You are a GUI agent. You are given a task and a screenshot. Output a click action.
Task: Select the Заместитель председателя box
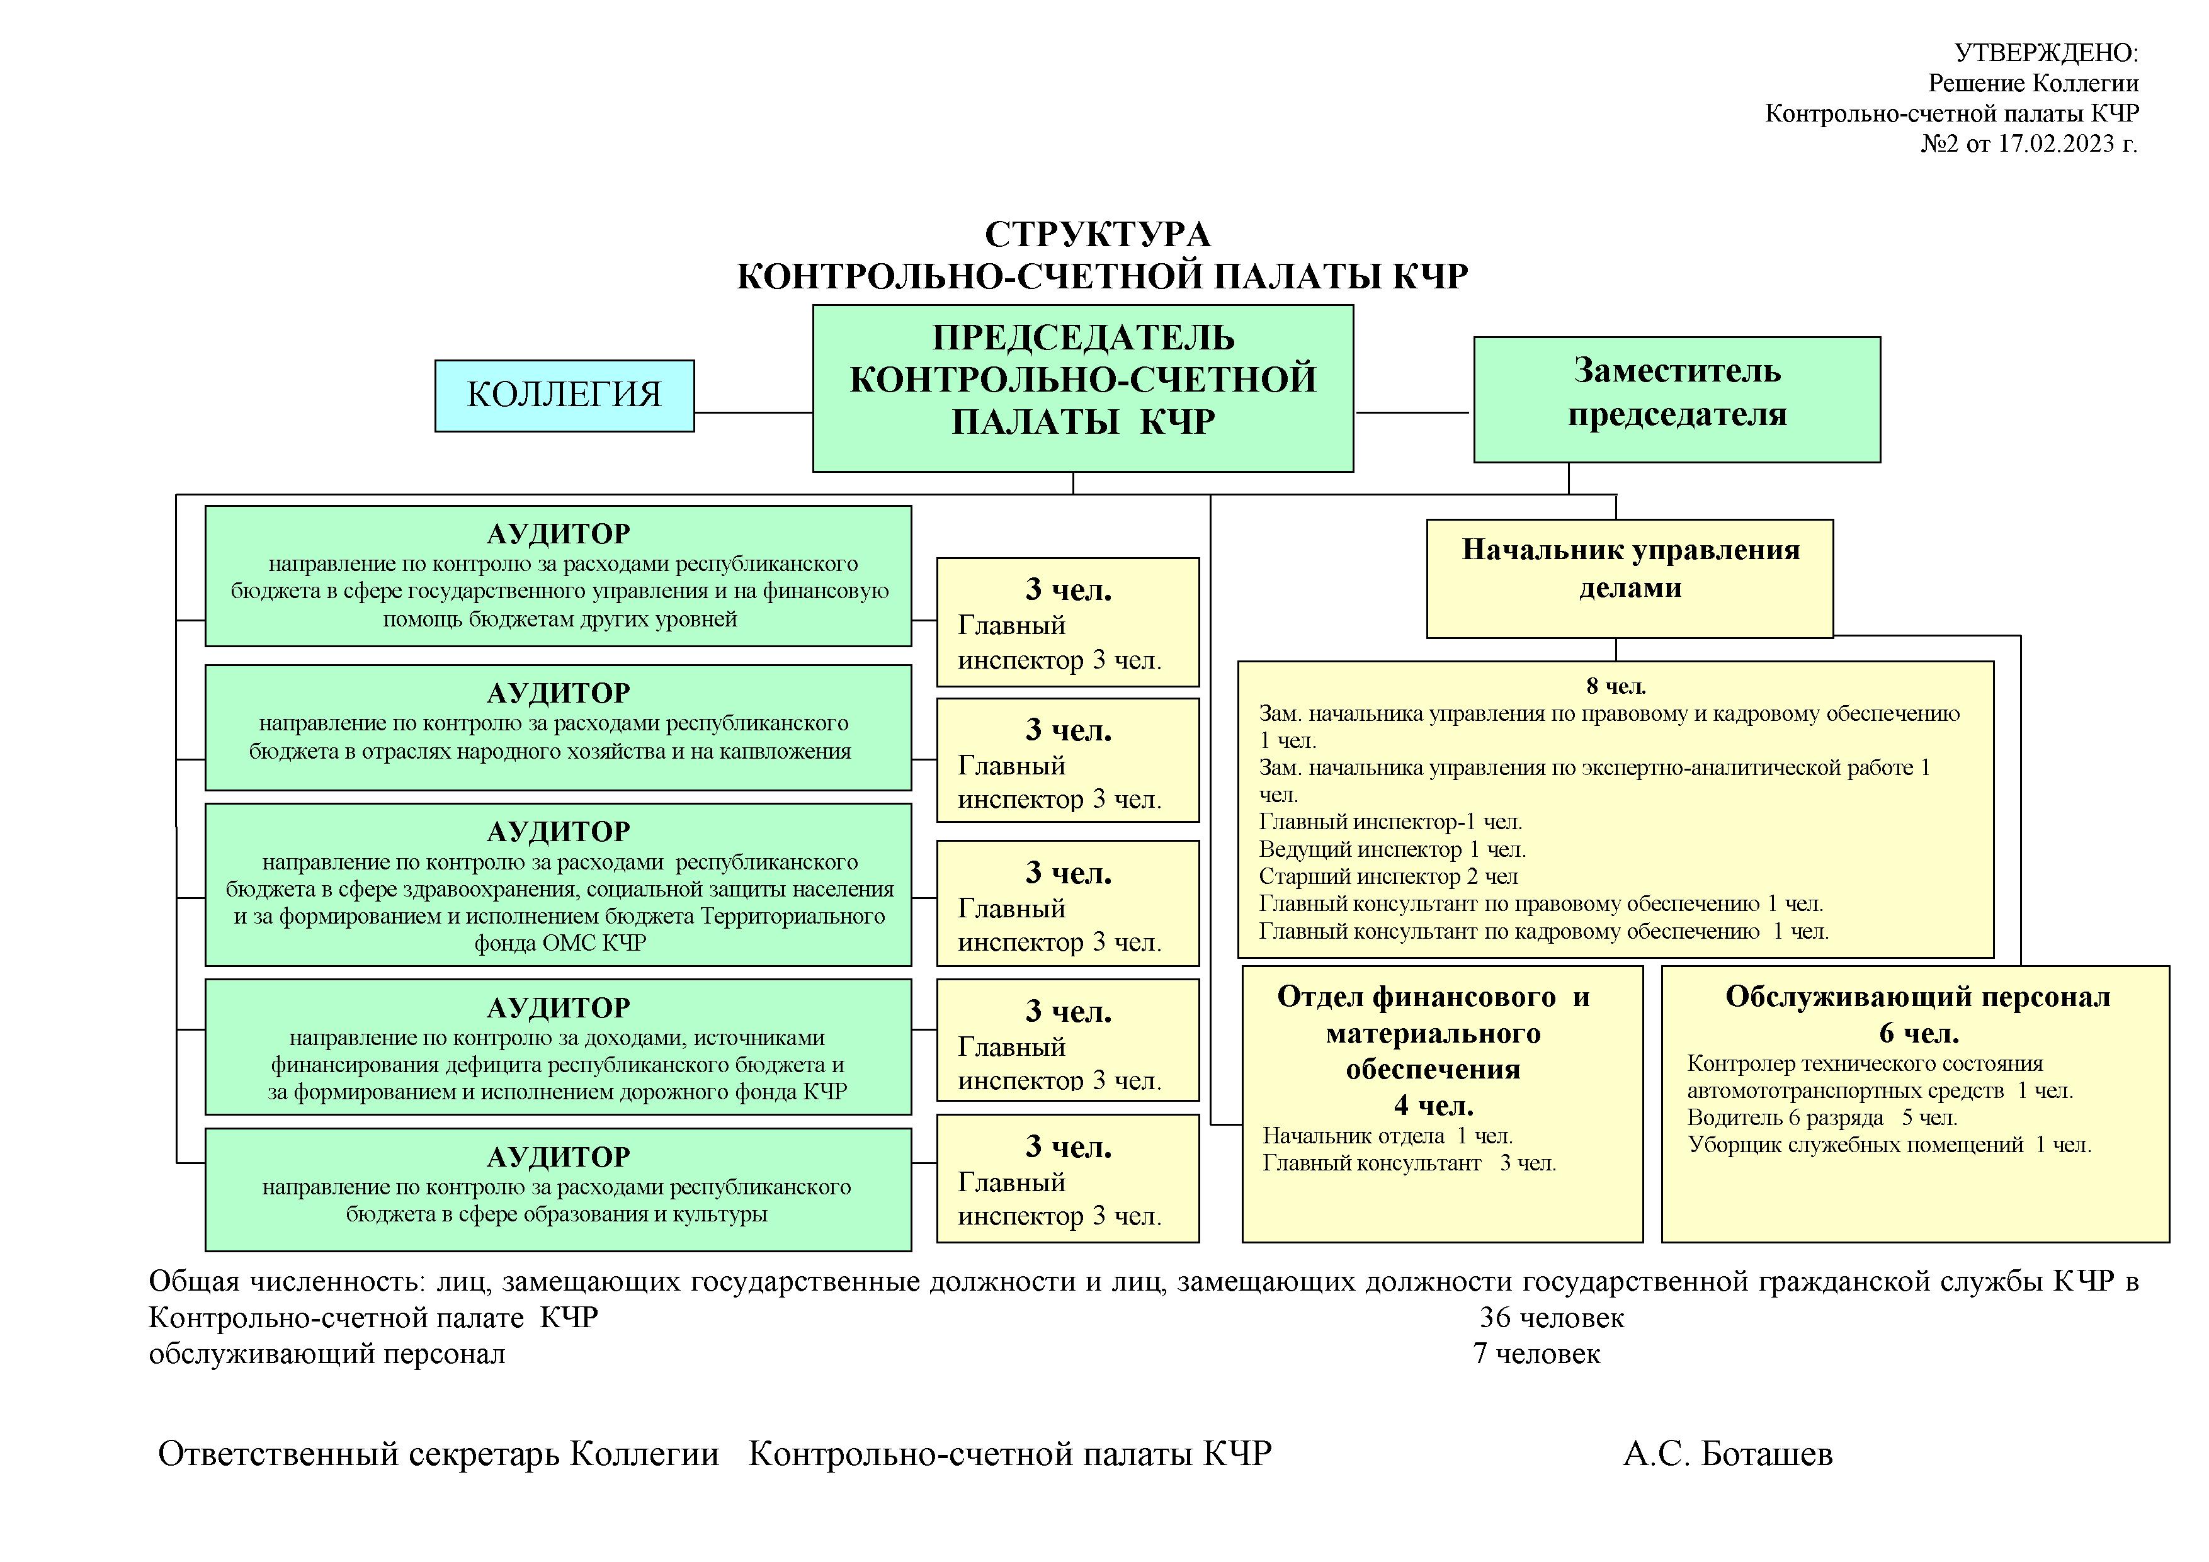1677,399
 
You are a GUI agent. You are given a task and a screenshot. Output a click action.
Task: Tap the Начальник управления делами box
1630,578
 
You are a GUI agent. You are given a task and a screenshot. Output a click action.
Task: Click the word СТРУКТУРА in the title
1098,234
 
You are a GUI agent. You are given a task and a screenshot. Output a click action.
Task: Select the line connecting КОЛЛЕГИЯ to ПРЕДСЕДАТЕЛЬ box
753,412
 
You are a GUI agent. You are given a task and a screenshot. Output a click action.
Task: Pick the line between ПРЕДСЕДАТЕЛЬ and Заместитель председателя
1413,412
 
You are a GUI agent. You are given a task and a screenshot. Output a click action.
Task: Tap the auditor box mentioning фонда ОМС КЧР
558,885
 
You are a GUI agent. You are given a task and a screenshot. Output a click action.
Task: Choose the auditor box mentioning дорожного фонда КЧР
558,1046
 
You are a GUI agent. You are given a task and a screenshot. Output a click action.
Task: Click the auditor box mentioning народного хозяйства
558,727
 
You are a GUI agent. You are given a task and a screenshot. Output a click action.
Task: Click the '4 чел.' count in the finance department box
1434,1105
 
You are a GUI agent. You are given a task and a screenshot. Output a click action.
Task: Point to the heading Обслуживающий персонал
1917,997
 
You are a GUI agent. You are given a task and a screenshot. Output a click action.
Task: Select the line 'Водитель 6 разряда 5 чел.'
1822,1118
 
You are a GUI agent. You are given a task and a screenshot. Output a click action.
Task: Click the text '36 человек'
1552,1318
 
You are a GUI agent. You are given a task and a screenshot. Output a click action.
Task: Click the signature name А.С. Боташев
1728,1454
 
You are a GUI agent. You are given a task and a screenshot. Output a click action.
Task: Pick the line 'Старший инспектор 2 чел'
1388,876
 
